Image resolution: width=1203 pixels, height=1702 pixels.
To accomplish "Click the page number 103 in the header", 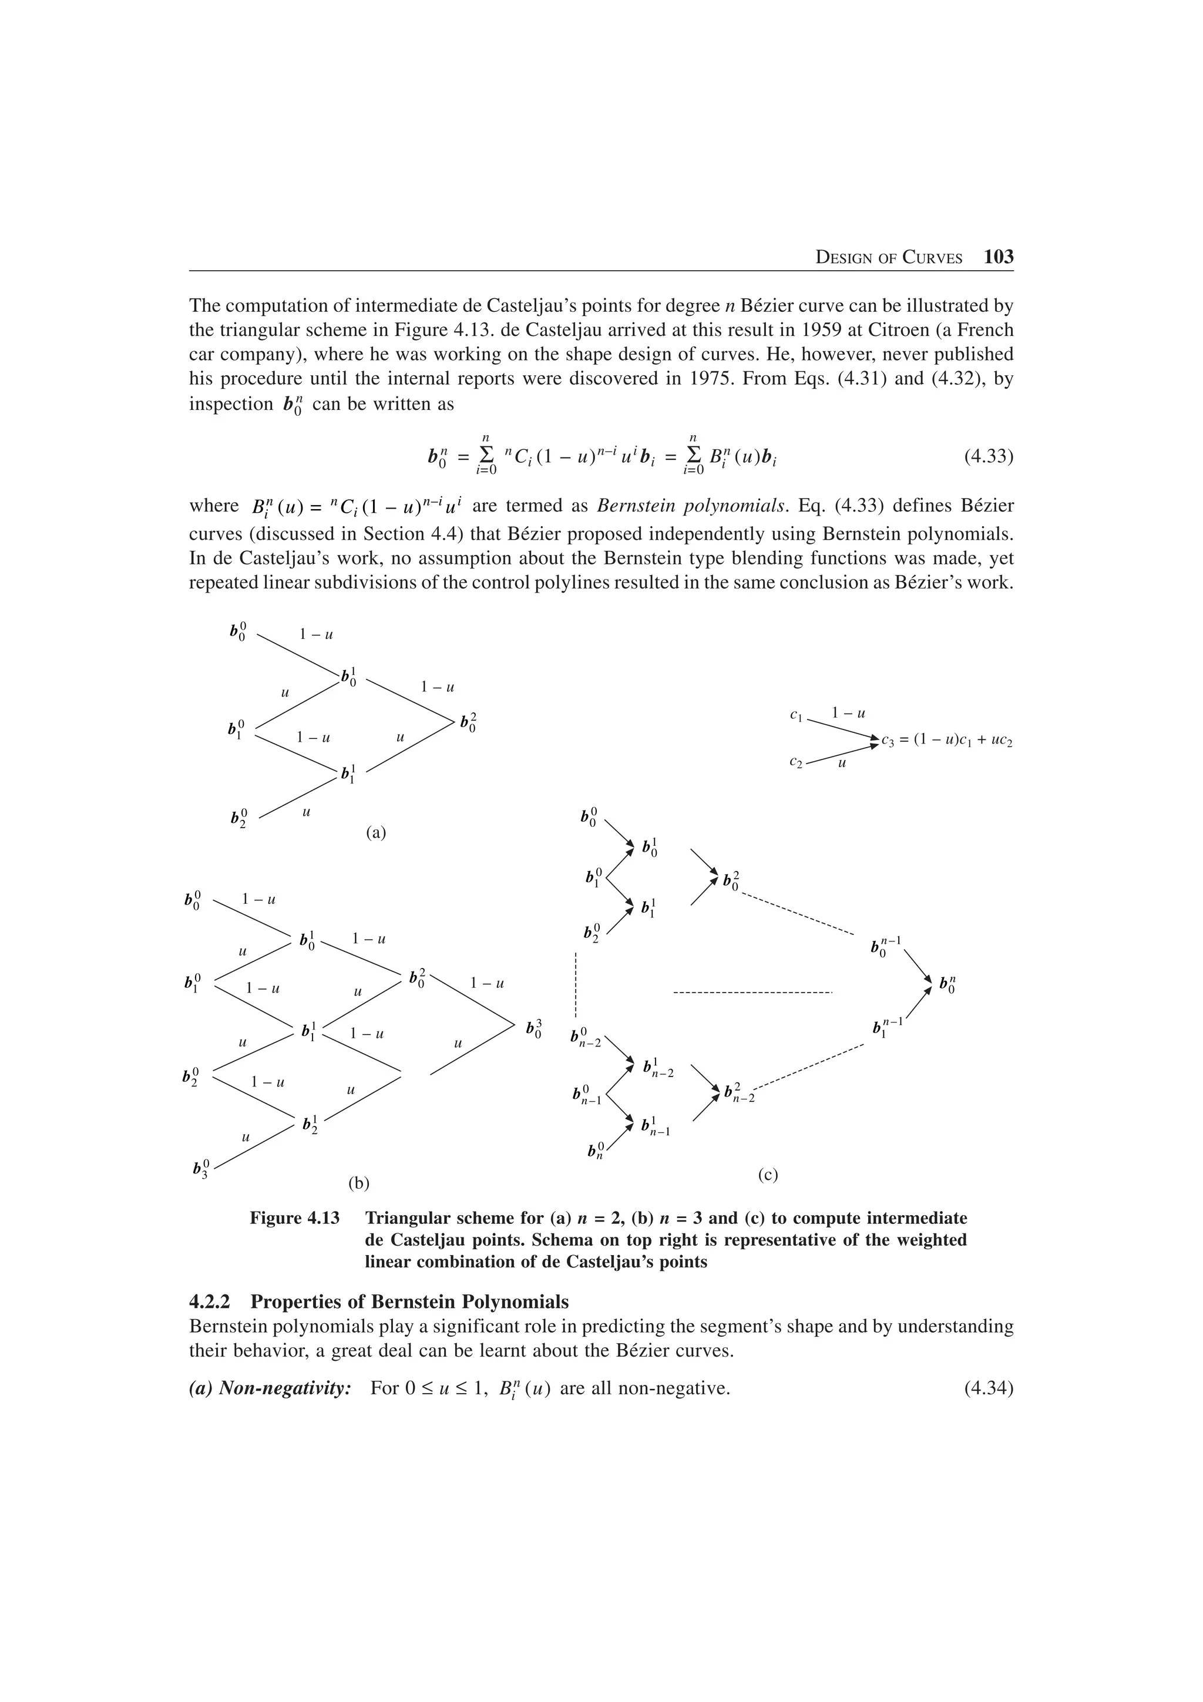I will pos(999,257).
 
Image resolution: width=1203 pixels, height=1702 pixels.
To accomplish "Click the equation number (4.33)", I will pos(988,455).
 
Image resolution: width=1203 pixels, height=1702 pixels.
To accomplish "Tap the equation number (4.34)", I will pos(988,1388).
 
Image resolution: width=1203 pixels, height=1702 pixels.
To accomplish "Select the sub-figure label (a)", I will pos(376,832).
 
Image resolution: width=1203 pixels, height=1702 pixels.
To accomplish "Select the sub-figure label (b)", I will pos(359,1183).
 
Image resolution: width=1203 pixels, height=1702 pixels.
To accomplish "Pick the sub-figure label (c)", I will pos(768,1174).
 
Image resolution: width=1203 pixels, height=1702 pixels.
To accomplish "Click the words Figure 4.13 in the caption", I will pos(294,1218).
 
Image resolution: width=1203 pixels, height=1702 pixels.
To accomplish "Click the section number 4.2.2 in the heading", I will pos(213,1301).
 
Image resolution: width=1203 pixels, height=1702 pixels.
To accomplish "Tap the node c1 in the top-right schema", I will pos(796,715).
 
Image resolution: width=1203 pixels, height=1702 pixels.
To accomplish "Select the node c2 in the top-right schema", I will pos(796,761).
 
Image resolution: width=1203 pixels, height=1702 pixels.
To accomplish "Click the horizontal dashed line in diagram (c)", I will pos(753,993).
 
